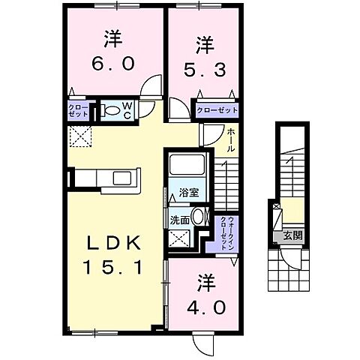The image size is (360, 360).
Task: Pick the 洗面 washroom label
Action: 179,220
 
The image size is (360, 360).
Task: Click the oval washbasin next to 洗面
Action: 198,217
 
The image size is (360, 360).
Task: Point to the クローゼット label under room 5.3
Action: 217,110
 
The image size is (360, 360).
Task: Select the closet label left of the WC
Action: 79,110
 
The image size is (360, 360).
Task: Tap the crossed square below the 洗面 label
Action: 179,240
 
